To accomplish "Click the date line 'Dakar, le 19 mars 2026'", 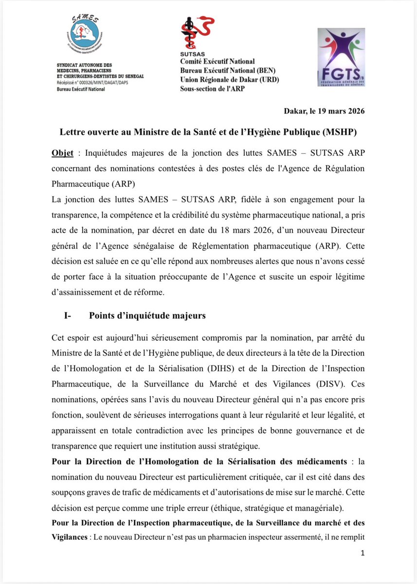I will tap(324, 111).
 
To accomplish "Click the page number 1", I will tap(363, 553).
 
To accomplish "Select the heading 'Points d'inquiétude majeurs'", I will tap(147, 316).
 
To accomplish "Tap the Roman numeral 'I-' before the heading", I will tap(68, 316).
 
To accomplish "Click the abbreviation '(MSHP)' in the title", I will tap(342, 132).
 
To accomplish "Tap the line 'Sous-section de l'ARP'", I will tap(213, 89).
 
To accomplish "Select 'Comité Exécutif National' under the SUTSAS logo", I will tap(217, 61).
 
